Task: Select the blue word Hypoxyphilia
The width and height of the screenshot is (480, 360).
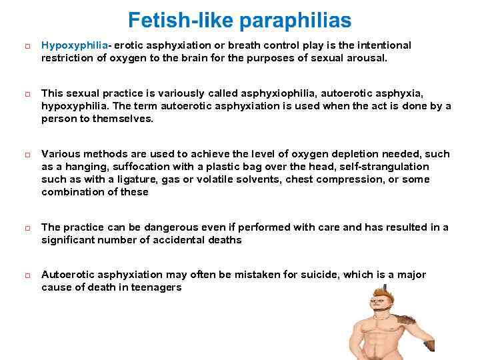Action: pos(75,45)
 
